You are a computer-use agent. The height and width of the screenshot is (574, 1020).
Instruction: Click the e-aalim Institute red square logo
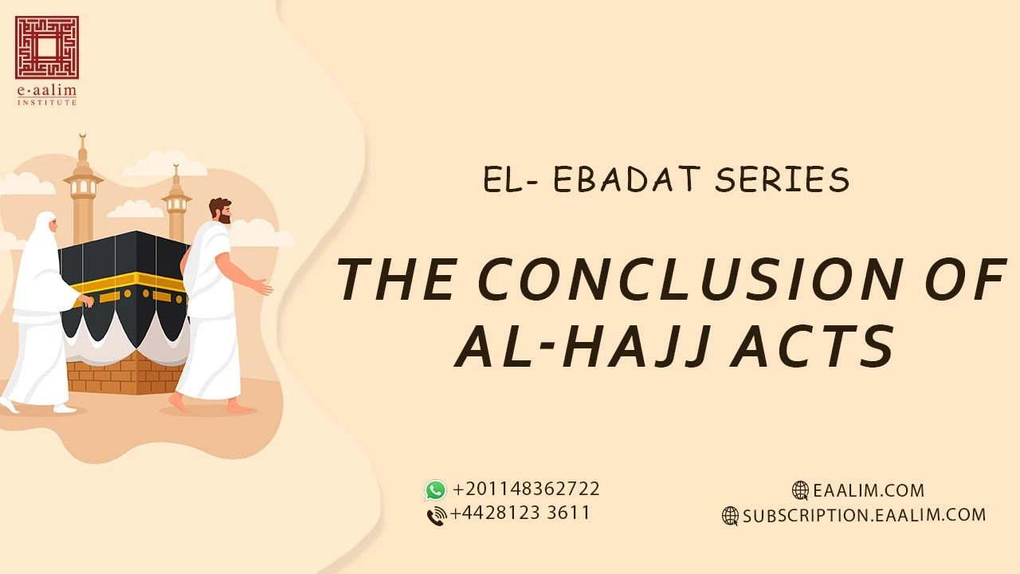point(46,47)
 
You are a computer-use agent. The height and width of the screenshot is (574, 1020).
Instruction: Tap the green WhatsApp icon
point(435,489)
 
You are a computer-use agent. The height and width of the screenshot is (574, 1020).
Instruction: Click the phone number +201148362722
point(526,489)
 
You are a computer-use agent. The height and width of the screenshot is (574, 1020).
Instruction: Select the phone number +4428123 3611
point(520,513)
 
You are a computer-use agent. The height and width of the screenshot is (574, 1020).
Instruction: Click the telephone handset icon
point(436,516)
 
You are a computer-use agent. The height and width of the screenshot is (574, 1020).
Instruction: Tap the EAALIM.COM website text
point(869,490)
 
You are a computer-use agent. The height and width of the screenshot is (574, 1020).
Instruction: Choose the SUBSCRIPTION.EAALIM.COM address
point(865,515)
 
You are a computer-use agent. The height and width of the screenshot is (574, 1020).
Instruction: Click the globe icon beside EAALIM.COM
point(800,490)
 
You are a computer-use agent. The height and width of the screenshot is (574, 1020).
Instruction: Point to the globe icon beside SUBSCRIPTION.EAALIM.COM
point(730,516)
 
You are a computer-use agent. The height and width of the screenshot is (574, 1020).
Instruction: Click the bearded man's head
point(220,210)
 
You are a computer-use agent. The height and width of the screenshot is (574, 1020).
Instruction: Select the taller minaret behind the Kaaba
point(83,191)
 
